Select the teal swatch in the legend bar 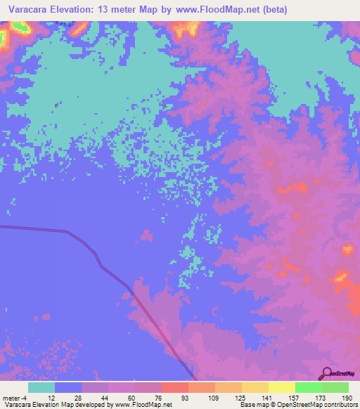pos(41,387)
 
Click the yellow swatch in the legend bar pos(282,387)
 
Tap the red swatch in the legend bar pos(175,387)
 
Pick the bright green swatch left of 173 pos(309,387)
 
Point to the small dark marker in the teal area pos(56,105)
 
